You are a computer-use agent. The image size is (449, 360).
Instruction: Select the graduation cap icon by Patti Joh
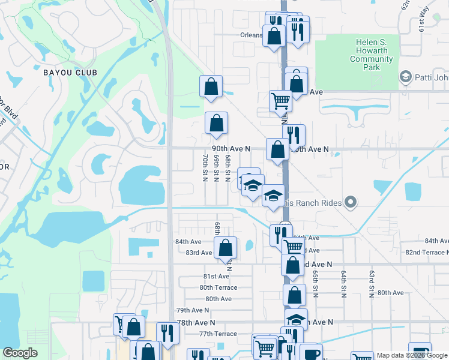(405, 77)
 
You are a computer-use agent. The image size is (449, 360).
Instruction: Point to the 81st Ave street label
(215, 276)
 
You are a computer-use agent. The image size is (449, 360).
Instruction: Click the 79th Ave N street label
(193, 310)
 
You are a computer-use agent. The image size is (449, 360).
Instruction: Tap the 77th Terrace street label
(218, 334)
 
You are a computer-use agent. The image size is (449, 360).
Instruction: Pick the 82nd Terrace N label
(427, 253)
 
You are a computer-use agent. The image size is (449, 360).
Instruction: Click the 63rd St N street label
(372, 283)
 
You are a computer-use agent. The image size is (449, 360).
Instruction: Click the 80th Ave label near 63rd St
(390, 293)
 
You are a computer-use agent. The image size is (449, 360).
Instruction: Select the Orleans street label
(252, 35)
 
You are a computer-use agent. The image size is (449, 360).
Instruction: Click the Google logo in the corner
(20, 353)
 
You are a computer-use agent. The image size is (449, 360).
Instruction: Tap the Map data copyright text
(412, 355)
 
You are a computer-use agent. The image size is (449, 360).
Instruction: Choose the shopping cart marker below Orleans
(280, 100)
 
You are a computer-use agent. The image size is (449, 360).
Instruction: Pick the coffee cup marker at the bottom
(311, 353)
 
